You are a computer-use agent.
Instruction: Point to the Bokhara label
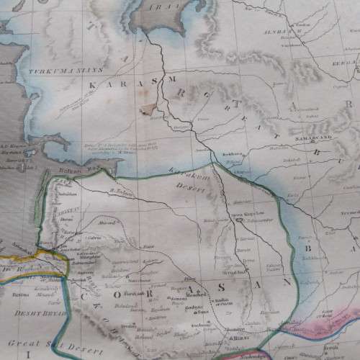(x=231, y=154)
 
